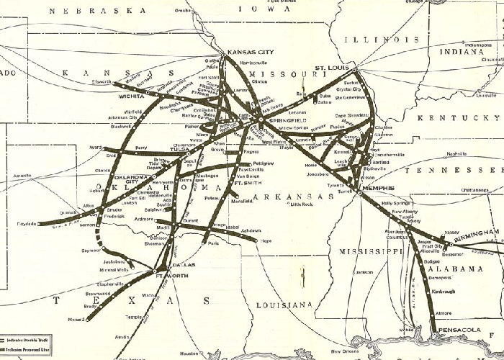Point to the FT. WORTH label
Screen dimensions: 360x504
click(x=172, y=276)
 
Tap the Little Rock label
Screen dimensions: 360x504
click(x=304, y=204)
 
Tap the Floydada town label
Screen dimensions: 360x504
click(x=27, y=224)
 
